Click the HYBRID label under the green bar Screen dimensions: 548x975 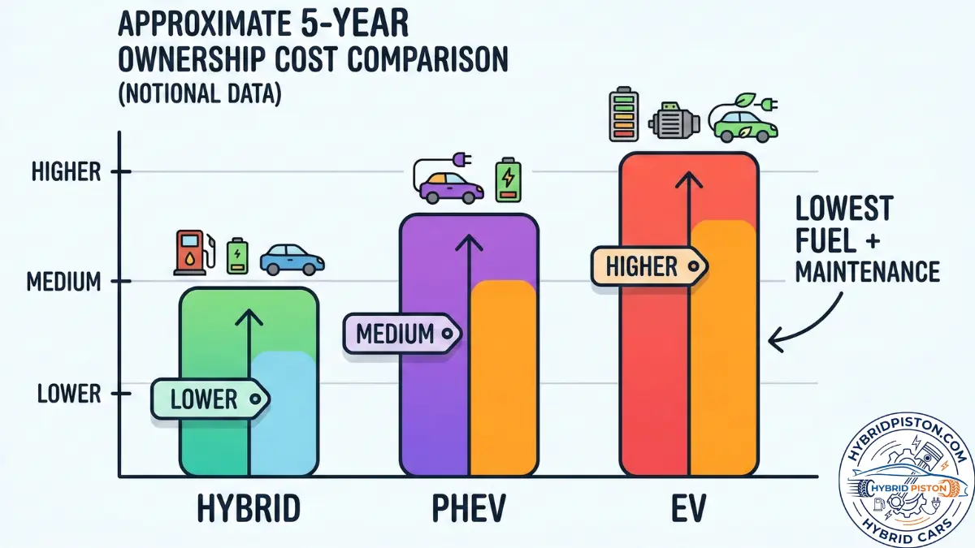pos(248,509)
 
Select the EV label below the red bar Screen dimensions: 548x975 pos(688,509)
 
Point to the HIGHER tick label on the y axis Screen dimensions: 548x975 pos(66,172)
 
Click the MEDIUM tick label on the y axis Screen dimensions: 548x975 pos(63,283)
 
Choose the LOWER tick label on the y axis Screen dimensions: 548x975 pos(69,395)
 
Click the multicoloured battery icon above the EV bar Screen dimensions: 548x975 pos(625,118)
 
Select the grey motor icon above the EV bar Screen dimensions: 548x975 pos(674,123)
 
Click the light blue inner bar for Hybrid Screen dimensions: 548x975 pos(282,414)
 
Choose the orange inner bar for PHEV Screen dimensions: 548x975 pos(503,378)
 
